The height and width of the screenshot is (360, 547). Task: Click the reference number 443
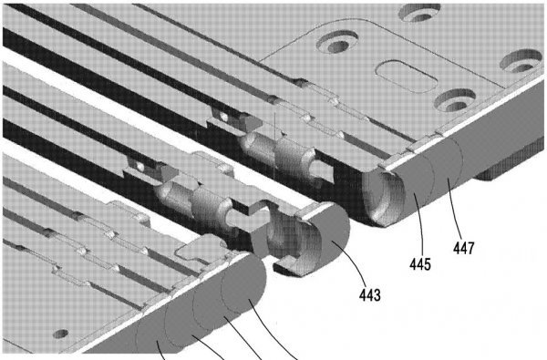click(370, 295)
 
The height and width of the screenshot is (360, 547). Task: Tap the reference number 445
click(420, 264)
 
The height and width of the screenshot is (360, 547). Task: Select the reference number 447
click(464, 248)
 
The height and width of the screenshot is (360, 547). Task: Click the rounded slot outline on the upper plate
click(407, 76)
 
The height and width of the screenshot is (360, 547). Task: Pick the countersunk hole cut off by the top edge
click(419, 12)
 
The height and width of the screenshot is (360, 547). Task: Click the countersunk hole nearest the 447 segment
click(455, 100)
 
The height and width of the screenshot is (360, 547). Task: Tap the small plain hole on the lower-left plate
click(61, 334)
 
